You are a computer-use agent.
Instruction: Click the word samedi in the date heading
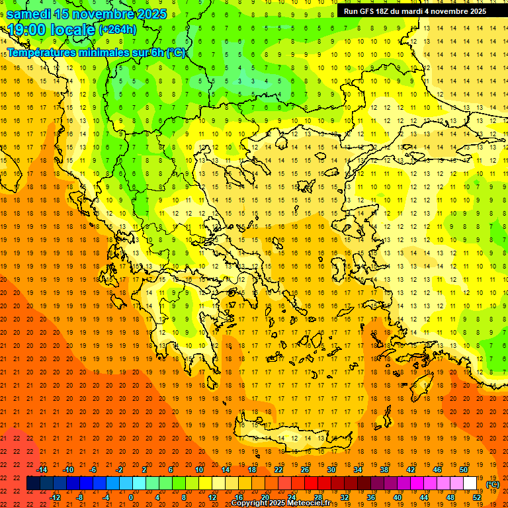[x=29, y=13]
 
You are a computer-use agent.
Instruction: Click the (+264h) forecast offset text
[x=118, y=29]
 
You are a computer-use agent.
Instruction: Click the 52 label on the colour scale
[x=477, y=497]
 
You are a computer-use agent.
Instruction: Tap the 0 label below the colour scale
[x=130, y=497]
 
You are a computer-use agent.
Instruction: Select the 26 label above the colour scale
[x=305, y=470]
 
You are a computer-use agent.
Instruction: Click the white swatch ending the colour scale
[x=470, y=484]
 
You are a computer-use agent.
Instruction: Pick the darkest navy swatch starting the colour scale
[x=33, y=484]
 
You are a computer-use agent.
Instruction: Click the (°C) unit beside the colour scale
[x=492, y=484]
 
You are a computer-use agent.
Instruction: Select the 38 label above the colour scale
[x=384, y=470]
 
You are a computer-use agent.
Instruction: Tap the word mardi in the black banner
[x=413, y=11]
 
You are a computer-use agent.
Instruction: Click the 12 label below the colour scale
[x=212, y=497]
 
